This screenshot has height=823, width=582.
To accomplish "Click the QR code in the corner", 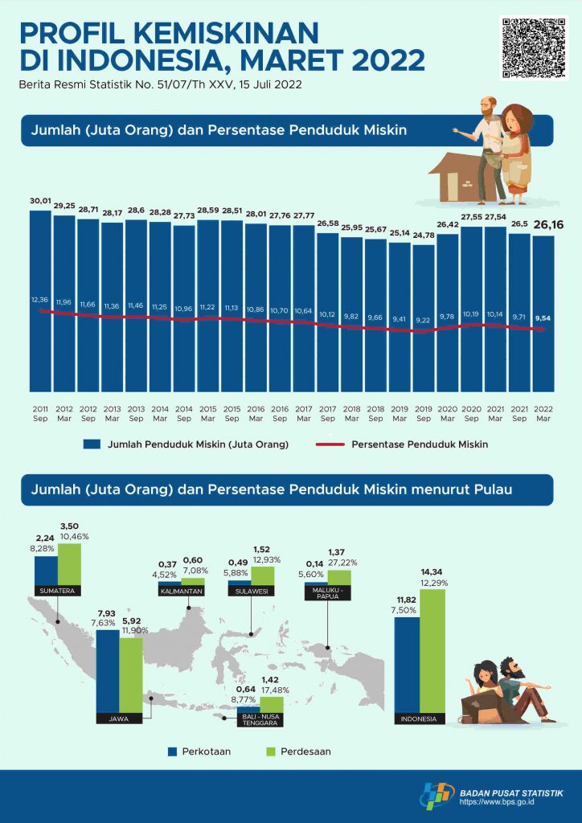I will (529, 47).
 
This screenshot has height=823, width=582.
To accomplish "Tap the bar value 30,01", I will (40, 202).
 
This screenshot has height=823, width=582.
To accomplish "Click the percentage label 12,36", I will (40, 300).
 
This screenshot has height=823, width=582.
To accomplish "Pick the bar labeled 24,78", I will (424, 313).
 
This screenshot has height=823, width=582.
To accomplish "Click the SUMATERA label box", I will (57, 591).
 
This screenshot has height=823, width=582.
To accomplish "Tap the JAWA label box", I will (118, 719).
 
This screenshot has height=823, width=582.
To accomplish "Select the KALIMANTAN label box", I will (181, 591).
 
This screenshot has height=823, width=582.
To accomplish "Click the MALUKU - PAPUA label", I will (326, 593).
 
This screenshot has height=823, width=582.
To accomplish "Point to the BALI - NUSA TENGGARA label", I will (259, 719).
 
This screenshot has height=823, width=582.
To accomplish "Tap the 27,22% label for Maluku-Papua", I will (343, 564).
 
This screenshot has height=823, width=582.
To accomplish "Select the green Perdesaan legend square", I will (271, 751).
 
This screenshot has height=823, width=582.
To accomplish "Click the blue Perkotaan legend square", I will (172, 751).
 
